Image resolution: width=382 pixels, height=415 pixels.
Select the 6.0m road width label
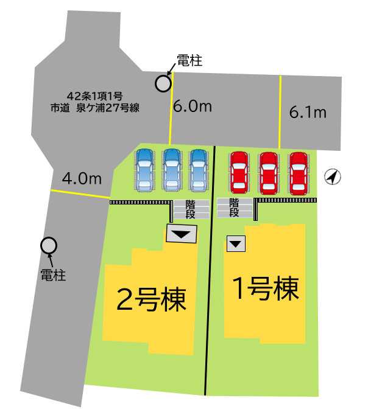[x=192, y=107]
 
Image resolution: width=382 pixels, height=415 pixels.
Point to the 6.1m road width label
[x=308, y=112]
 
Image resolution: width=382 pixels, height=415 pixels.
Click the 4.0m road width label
[x=81, y=178]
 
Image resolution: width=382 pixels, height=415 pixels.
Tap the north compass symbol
[x=332, y=177]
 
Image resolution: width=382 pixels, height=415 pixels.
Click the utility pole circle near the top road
[x=163, y=83]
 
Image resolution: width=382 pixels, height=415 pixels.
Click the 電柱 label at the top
[x=189, y=61]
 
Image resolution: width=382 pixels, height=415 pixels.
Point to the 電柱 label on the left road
[x=53, y=275]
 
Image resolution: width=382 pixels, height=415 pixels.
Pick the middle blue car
[x=171, y=170]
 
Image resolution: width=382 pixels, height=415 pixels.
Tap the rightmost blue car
[x=199, y=170]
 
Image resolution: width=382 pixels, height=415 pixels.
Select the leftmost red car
[x=239, y=172]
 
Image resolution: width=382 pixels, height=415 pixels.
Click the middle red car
[x=269, y=172]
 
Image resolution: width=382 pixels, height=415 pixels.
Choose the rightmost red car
[x=299, y=172]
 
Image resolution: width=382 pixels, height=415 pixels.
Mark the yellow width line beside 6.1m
[x=280, y=112]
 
